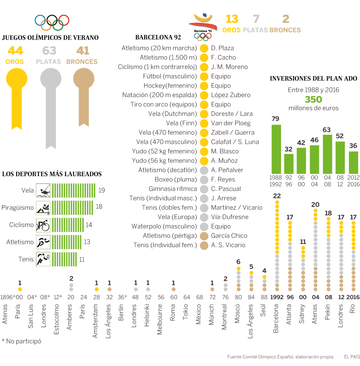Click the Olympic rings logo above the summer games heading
pos(52,22)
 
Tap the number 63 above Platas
pos(49,51)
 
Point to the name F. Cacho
pos(223,57)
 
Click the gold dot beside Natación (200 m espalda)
pos(204,95)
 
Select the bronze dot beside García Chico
pos(204,236)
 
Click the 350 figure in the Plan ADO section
pos(313,99)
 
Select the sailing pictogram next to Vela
pos(43,191)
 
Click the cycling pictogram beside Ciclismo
pos(43,225)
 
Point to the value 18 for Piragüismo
pos(99,207)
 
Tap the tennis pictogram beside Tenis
pos(43,259)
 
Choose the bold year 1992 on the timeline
pos(277,297)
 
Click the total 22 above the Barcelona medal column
pos(277,196)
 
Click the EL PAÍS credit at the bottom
pos(352,356)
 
